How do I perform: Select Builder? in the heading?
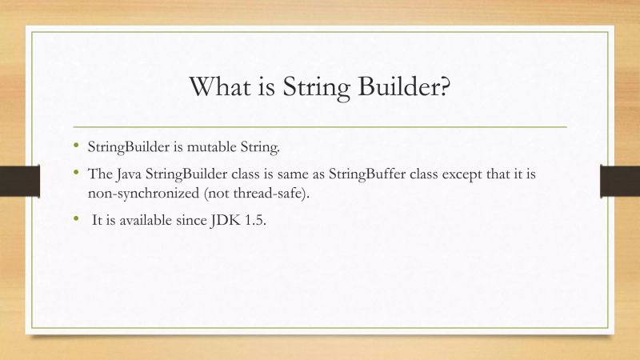coord(408,86)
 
